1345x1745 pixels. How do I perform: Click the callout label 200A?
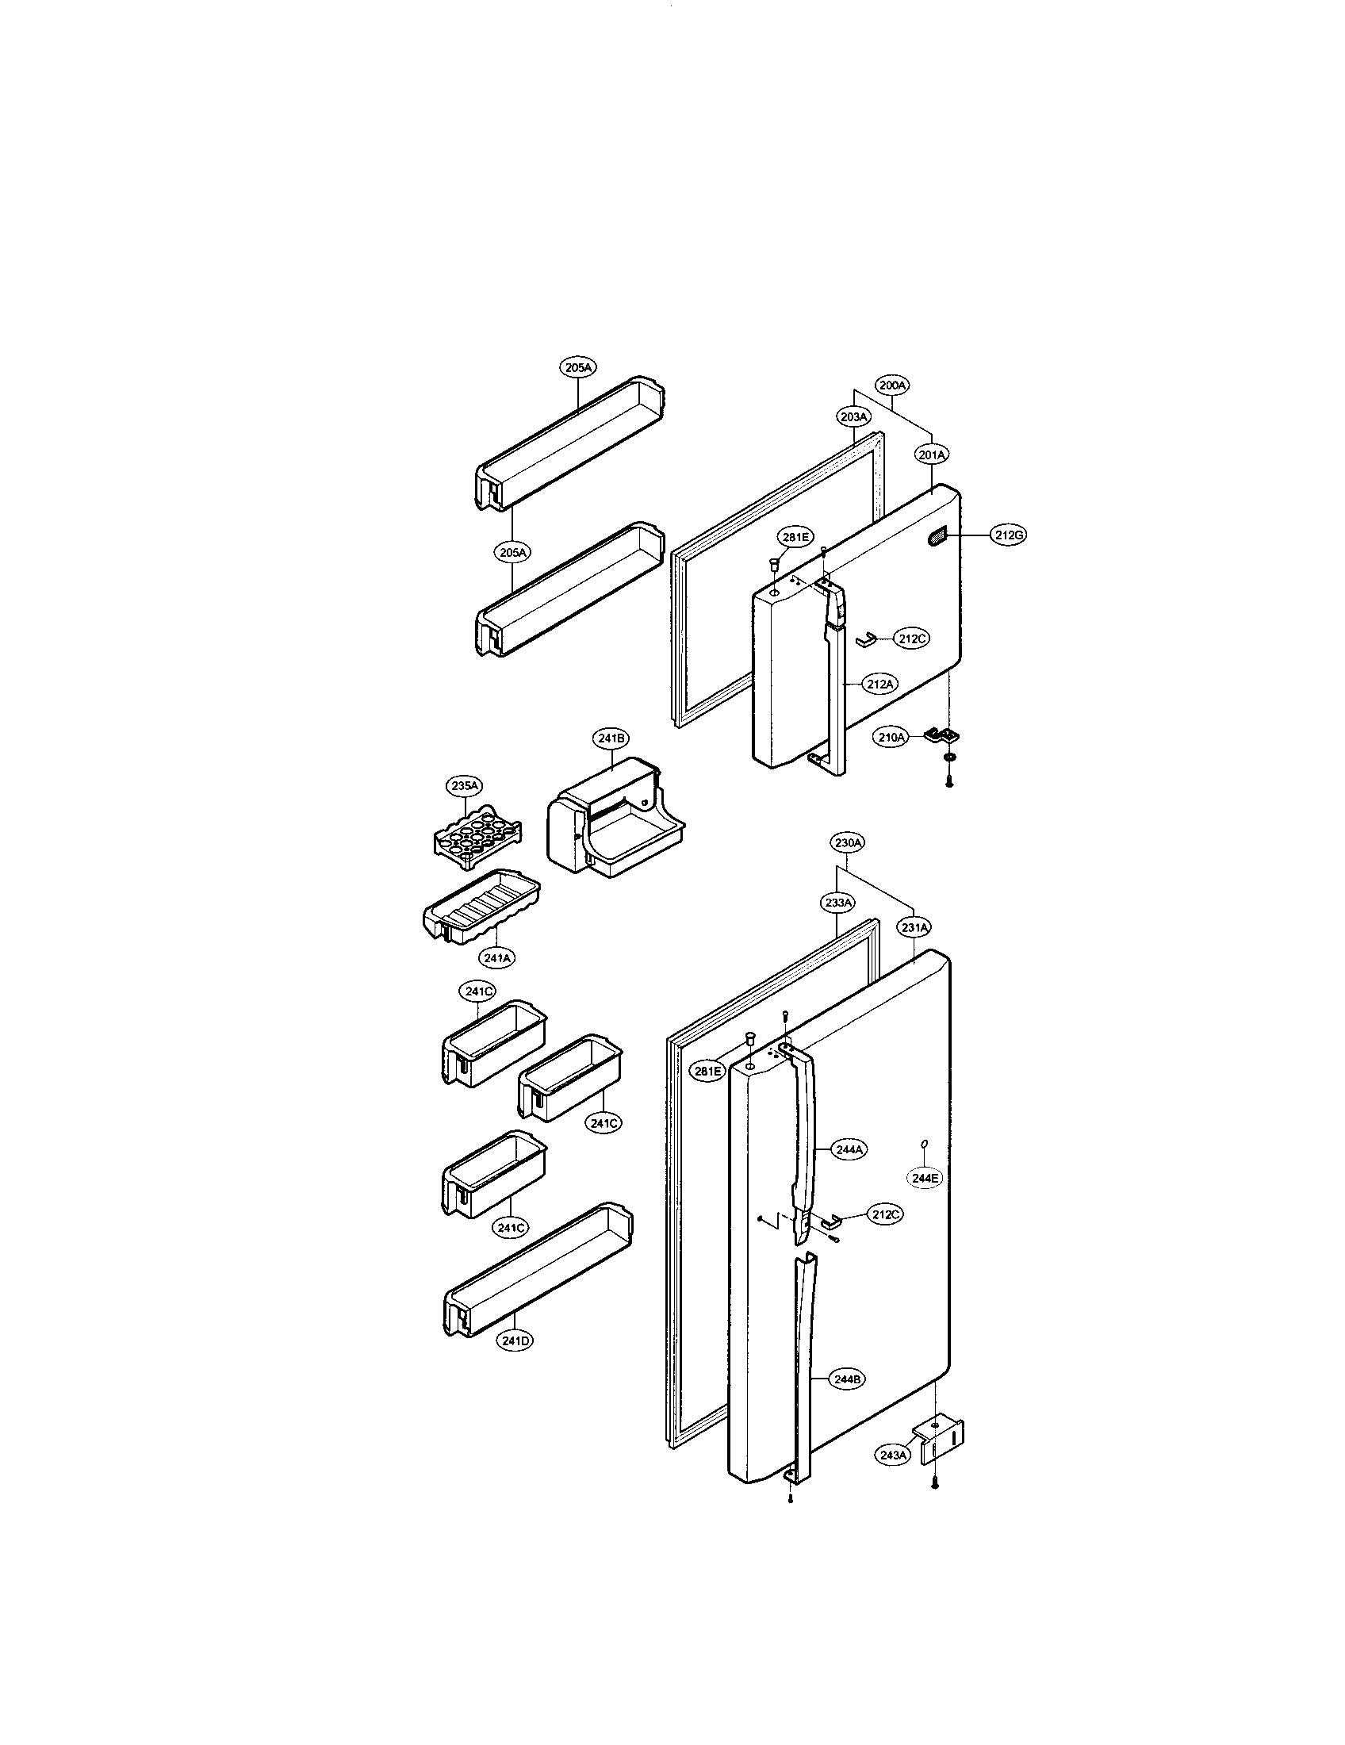892,385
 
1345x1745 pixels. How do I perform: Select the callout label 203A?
853,416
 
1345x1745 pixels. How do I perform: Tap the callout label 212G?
1009,535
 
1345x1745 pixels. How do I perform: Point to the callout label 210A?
890,737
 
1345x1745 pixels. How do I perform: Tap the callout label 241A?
496,956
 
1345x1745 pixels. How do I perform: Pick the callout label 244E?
923,1177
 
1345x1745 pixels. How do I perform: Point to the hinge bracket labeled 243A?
942,1442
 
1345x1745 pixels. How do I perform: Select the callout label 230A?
849,842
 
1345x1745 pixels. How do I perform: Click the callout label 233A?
837,902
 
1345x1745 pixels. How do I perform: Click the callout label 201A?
931,454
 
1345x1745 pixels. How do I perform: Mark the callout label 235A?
464,785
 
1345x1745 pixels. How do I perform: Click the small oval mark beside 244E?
924,1144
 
